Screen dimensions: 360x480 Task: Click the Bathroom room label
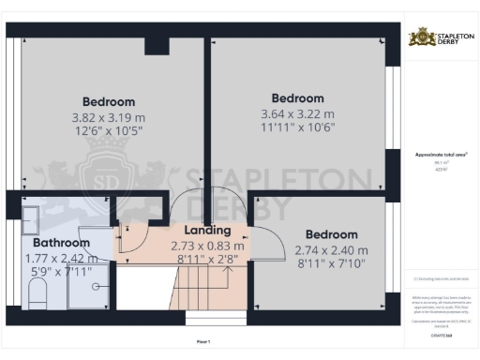coord(54,242)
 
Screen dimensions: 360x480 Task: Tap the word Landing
coord(207,230)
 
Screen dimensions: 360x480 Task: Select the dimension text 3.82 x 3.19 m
coord(109,117)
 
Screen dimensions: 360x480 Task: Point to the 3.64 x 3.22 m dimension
coord(297,114)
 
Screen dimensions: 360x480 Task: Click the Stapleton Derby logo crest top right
coord(422,37)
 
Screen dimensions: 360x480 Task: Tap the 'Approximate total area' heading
coord(441,154)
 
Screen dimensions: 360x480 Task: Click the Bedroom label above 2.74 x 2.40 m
coord(331,234)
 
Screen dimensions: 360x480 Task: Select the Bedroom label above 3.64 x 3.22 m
coord(297,98)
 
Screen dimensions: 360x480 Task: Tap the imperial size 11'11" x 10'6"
coord(297,129)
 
